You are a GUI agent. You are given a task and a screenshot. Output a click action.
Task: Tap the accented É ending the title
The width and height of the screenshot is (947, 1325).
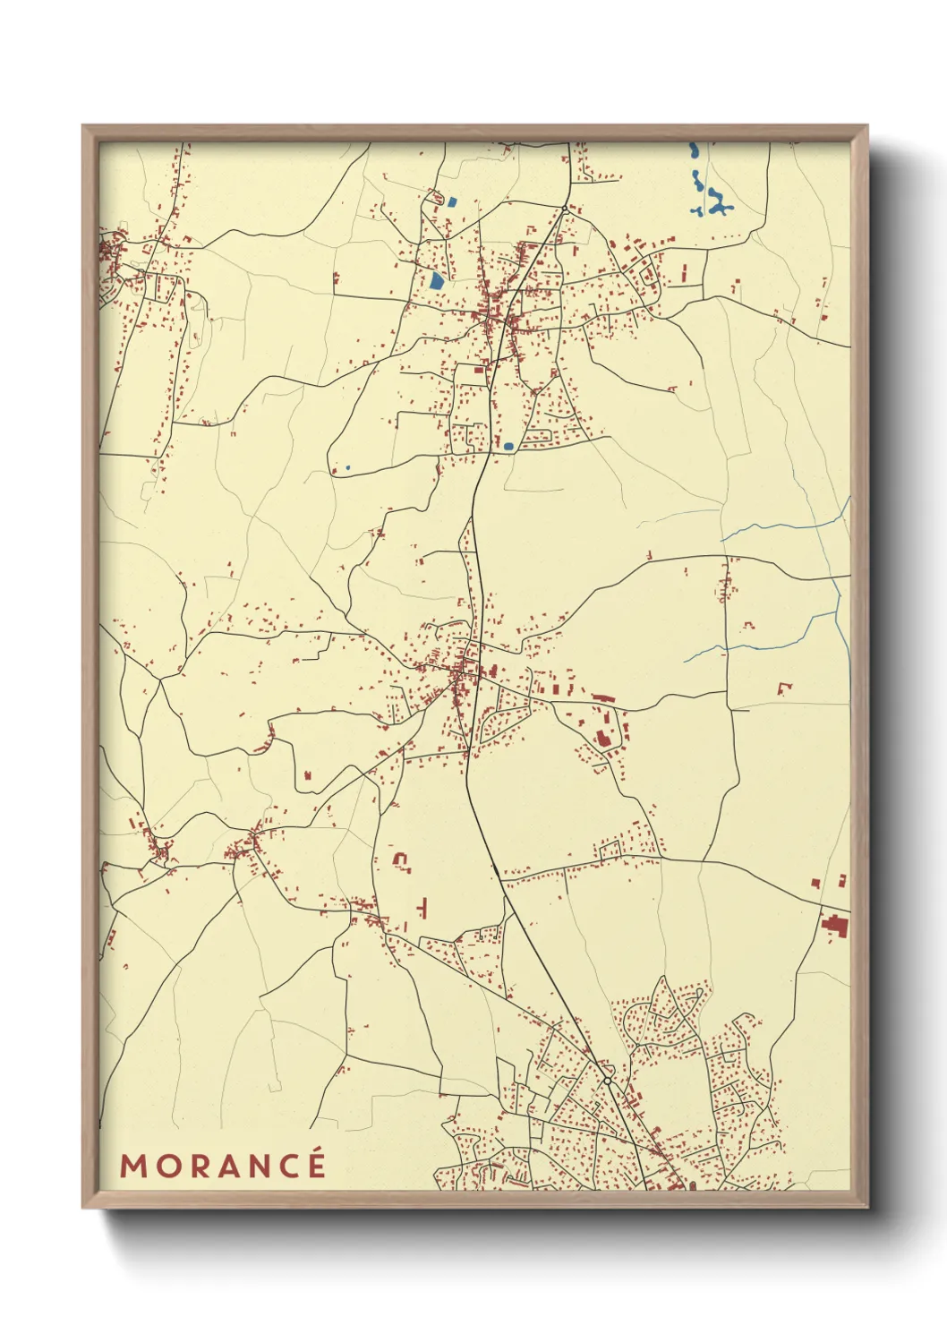(314, 1164)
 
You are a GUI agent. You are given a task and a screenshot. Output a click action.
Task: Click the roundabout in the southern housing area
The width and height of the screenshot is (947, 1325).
(607, 1081)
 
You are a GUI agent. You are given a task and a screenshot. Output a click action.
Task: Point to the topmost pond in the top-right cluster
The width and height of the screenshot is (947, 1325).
(692, 150)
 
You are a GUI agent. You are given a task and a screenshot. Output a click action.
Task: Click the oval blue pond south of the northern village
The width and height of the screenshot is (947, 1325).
(508, 445)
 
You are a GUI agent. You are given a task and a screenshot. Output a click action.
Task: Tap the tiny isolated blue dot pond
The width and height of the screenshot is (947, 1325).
(347, 467)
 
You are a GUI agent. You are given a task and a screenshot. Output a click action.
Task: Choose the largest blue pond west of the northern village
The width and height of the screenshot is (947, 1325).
(436, 281)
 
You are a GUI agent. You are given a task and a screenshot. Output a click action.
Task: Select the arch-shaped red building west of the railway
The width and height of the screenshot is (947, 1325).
(401, 860)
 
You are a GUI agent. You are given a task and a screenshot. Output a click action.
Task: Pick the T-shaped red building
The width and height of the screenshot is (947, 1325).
(422, 909)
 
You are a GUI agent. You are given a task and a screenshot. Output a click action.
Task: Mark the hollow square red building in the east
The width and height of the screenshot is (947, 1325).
(785, 688)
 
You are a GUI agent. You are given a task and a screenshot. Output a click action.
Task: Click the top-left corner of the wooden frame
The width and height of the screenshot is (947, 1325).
(83, 126)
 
